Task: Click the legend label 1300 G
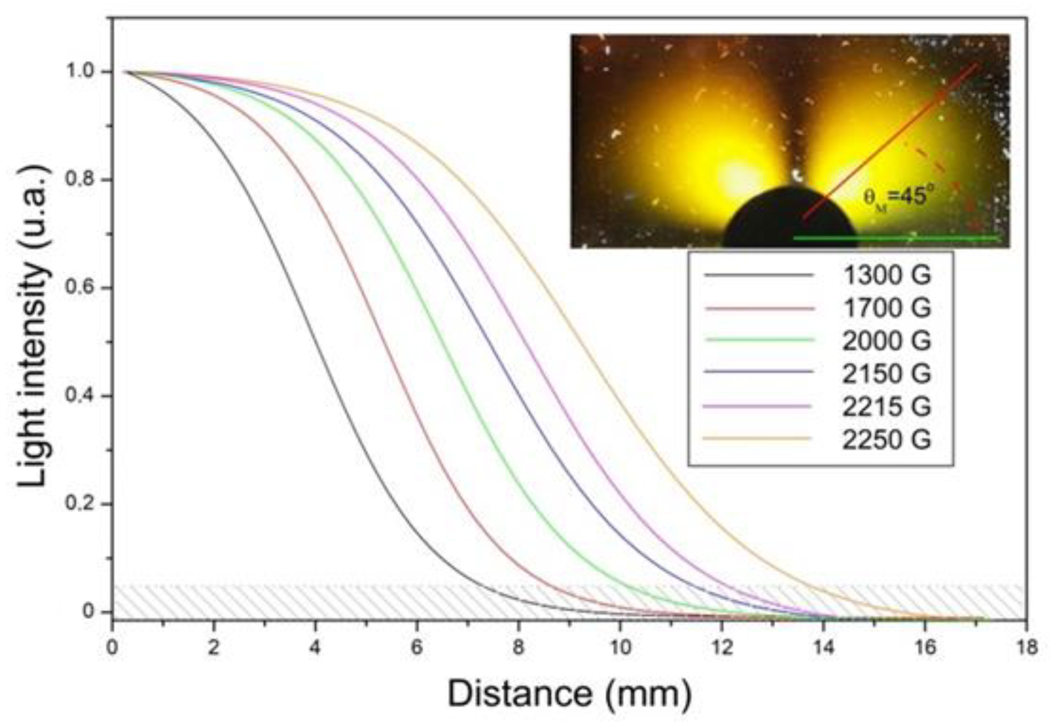tap(886, 275)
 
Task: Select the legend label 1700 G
tap(886, 308)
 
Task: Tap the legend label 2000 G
tap(886, 341)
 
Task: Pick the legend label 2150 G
tap(886, 373)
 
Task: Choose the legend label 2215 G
tap(886, 406)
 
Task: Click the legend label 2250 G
tap(886, 439)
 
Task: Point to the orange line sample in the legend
tap(757, 439)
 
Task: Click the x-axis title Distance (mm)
tap(570, 694)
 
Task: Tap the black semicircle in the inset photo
tap(790, 223)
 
